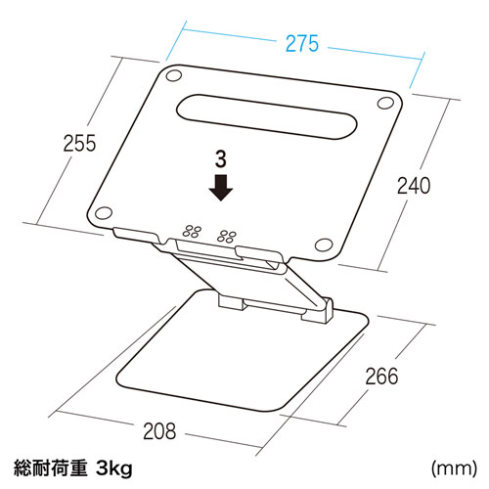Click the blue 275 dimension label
tap(302, 43)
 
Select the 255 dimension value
tap(79, 143)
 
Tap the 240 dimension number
tap(414, 186)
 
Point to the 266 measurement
tap(381, 376)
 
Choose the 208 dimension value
tap(159, 431)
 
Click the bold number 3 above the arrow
tap(221, 159)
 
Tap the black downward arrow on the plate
tap(221, 188)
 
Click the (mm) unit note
tap(454, 468)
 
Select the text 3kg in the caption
tap(114, 468)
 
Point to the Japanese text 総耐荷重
tap(51, 468)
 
